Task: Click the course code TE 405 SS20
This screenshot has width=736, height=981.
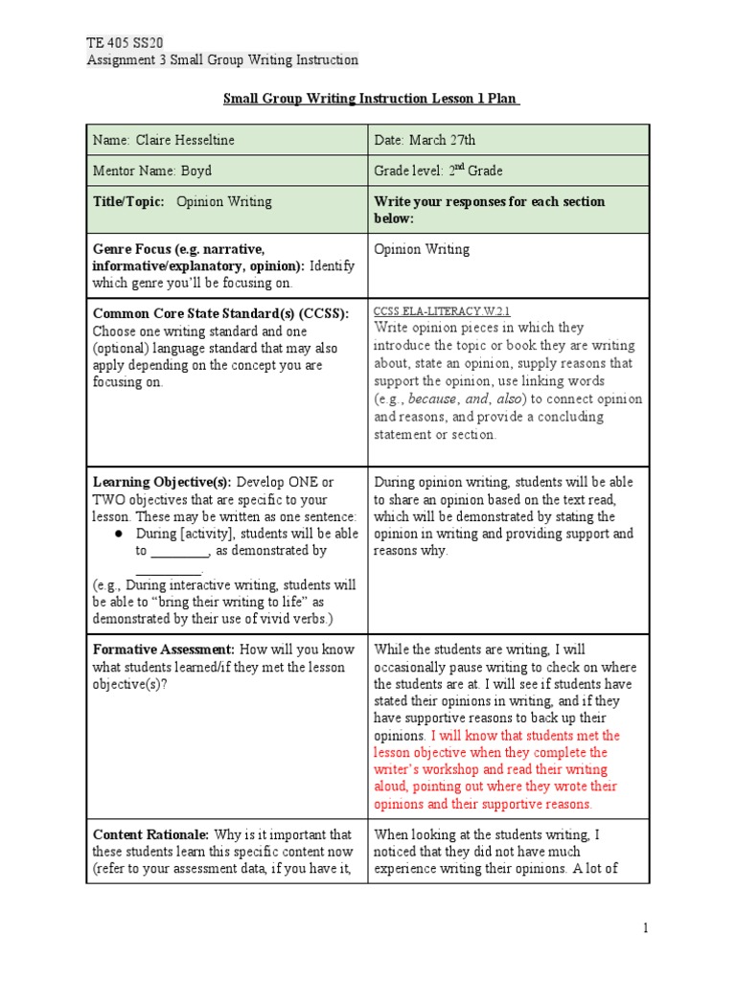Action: coord(125,43)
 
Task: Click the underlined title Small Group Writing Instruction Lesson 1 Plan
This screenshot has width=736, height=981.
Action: coord(372,99)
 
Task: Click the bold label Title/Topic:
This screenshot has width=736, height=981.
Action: coord(128,202)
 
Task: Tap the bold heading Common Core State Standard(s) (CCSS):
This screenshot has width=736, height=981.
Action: coord(220,313)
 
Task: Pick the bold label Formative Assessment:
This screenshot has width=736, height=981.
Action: coord(164,650)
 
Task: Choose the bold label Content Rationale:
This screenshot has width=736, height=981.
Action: coord(150,833)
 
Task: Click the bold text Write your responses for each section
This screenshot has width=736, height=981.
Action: coord(489,202)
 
